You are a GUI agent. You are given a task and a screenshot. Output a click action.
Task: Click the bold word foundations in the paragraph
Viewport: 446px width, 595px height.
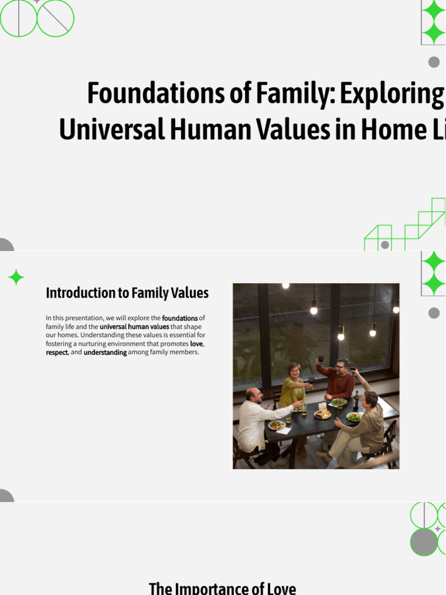coord(179,318)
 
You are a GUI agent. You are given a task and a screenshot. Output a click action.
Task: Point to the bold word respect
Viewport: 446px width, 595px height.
coord(57,353)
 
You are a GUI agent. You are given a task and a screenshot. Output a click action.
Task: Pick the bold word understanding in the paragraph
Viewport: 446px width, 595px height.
coord(105,353)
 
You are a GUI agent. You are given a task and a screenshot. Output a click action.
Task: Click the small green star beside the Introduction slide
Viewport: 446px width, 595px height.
coord(16,278)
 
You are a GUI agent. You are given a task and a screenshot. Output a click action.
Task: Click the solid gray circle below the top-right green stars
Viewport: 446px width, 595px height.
coord(434,62)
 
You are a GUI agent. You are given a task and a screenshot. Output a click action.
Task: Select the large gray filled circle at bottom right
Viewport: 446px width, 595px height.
coord(424,542)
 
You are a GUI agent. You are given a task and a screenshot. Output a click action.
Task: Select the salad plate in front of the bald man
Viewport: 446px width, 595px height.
coord(276,425)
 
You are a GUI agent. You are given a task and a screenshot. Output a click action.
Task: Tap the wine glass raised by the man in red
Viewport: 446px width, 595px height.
coord(321,359)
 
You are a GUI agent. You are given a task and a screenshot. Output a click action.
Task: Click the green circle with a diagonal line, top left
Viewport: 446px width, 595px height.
coord(55,19)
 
